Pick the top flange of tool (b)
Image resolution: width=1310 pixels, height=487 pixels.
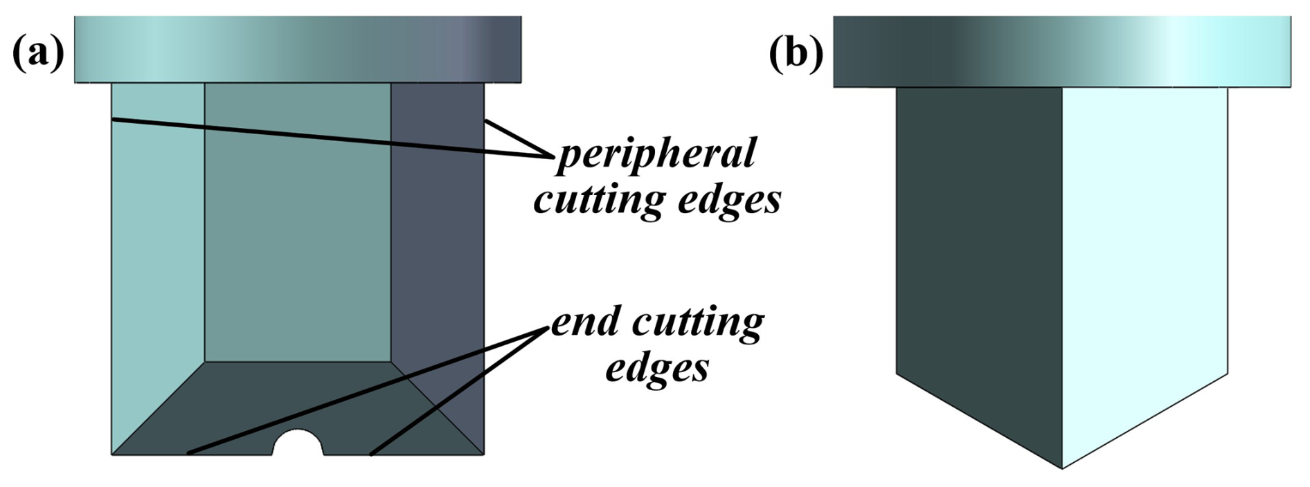[x=1062, y=52]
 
